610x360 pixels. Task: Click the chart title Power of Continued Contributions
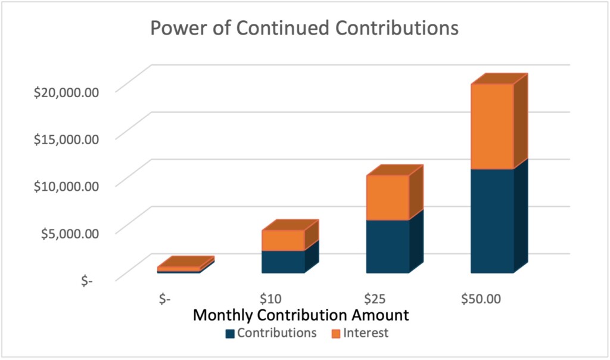pos(304,28)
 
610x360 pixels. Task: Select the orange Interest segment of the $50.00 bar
pos(492,126)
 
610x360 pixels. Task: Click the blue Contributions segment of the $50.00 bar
pos(492,221)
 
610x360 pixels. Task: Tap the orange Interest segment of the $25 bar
pos(387,197)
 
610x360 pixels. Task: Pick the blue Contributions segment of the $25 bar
pos(387,247)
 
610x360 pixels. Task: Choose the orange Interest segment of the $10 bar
pos(283,240)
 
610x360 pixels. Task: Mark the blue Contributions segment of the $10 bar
pos(283,262)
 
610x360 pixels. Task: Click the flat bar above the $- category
pos(179,269)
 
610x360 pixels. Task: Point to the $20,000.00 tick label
pos(65,91)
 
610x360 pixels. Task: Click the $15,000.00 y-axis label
pos(65,138)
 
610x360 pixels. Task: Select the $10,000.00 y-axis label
pos(65,185)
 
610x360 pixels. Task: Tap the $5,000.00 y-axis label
pos(68,232)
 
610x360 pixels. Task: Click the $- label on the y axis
pos(88,280)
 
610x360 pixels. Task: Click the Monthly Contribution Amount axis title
pos(300,315)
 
